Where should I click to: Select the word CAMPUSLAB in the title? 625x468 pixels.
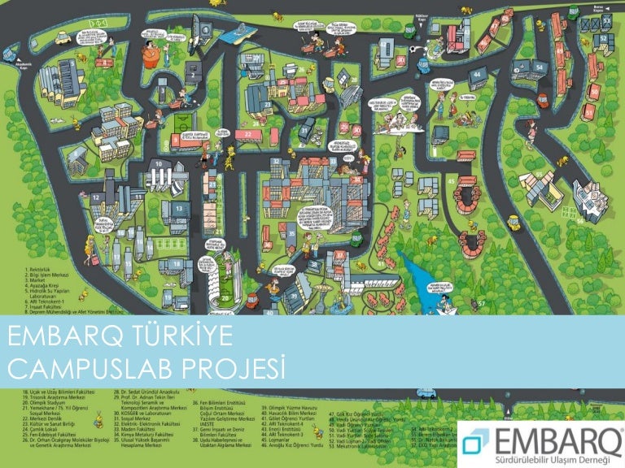98,367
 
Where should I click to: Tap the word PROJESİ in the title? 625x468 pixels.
241,367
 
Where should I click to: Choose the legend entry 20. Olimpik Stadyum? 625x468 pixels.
42,401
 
